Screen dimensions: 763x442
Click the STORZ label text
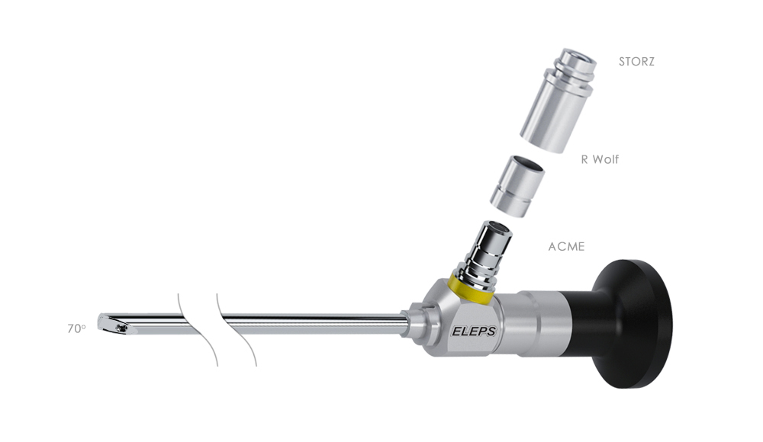(x=636, y=62)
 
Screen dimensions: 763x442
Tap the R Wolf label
(x=600, y=159)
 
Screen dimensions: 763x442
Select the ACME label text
(x=566, y=246)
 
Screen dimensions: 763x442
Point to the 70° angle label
(x=76, y=328)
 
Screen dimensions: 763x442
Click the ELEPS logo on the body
(x=474, y=331)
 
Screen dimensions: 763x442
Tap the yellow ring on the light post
(x=471, y=290)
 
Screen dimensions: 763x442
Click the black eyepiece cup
(x=633, y=324)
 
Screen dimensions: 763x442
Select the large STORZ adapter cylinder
(x=557, y=101)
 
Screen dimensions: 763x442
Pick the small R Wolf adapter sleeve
(x=517, y=186)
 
